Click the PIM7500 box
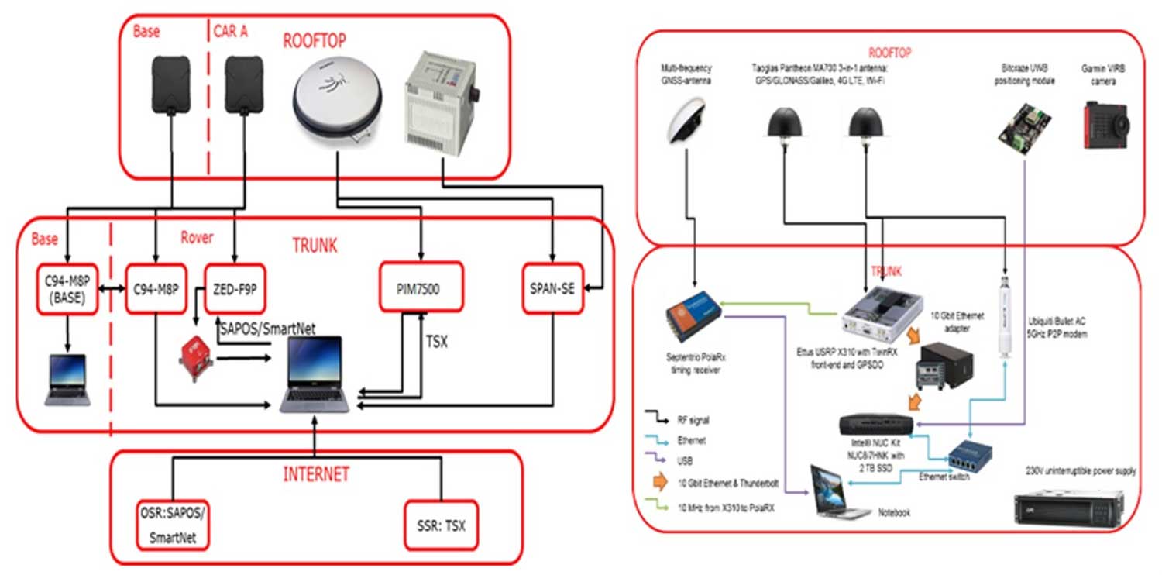421,289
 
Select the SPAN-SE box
553,289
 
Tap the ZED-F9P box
235,289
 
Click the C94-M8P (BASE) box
67,289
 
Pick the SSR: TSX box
441,527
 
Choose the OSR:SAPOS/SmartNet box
172,527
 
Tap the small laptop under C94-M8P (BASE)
67,380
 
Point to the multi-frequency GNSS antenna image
686,122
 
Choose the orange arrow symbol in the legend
661,482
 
